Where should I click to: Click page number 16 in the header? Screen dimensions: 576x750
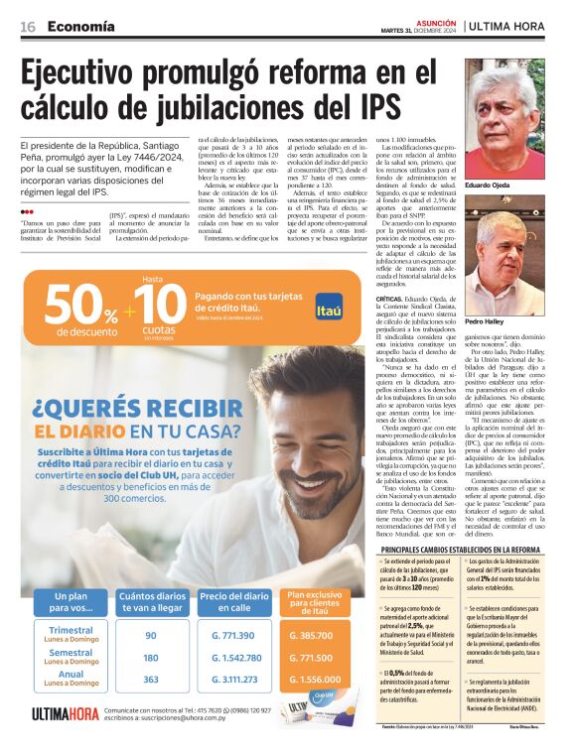tap(28, 26)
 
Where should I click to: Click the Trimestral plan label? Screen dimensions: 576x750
tap(72, 631)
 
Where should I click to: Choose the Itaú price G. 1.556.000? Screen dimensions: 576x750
tap(312, 680)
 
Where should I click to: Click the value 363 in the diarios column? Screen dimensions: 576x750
tap(151, 680)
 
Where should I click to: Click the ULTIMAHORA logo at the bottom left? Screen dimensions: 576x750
tap(65, 713)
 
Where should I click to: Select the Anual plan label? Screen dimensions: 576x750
tap(72, 676)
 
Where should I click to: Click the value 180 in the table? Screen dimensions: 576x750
tap(151, 658)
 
